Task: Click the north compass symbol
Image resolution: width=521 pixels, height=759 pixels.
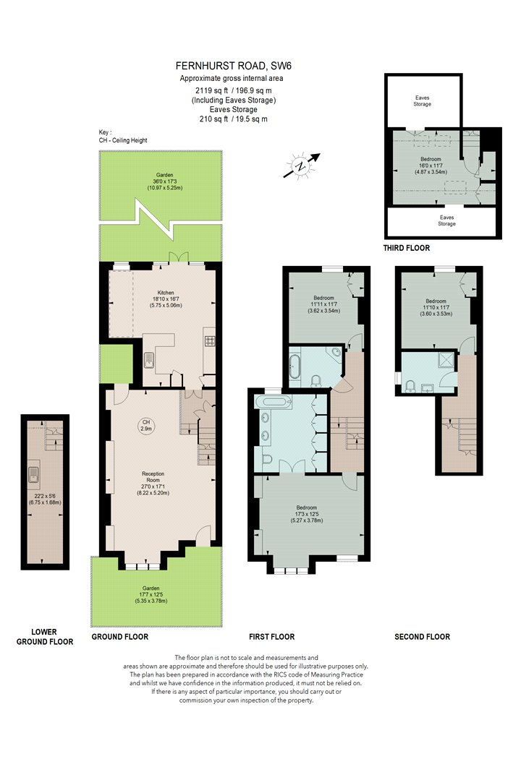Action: (x=302, y=166)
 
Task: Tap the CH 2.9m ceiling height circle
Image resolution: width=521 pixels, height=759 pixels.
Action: (x=146, y=425)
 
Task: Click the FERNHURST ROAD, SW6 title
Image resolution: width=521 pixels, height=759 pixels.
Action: (x=234, y=66)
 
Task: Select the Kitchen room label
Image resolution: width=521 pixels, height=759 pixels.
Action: (x=166, y=293)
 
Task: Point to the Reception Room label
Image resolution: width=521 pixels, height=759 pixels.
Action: (x=153, y=477)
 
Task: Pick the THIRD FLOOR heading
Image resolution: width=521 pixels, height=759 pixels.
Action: (x=407, y=248)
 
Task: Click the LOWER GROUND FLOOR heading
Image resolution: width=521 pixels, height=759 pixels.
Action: (x=45, y=637)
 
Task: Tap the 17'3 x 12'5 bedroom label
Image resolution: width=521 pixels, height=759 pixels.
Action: (x=307, y=514)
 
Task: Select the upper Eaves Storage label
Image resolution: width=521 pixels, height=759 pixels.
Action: (x=422, y=100)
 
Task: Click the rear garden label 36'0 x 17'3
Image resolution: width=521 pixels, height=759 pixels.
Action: (x=165, y=181)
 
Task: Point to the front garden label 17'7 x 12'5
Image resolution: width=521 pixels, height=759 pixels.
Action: (x=151, y=594)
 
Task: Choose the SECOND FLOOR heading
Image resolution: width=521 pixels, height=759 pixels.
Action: (x=422, y=637)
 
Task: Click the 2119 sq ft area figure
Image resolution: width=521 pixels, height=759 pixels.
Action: (x=212, y=90)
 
